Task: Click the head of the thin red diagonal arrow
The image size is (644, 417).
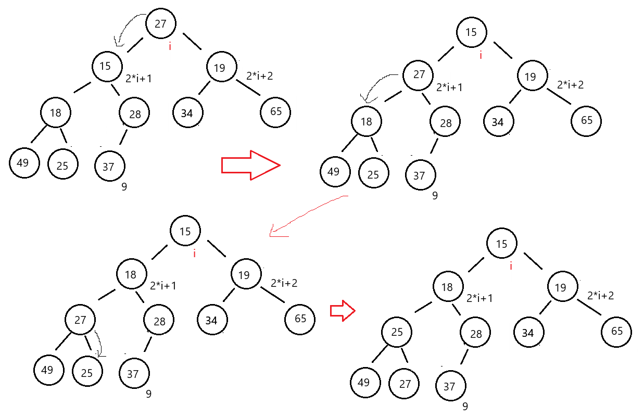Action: click(276, 232)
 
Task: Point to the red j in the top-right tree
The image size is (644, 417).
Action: click(481, 55)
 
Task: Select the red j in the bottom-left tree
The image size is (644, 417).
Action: click(194, 254)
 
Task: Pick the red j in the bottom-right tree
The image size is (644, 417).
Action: click(511, 266)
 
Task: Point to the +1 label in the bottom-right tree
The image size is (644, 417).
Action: click(485, 298)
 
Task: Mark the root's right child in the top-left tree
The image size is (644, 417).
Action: click(222, 67)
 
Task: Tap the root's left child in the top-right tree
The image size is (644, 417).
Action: click(418, 75)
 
